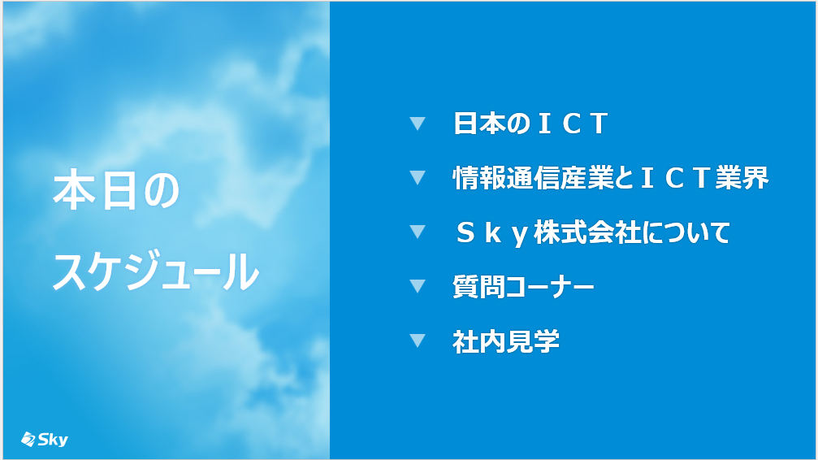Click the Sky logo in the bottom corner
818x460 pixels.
click(x=45, y=440)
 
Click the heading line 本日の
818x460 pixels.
click(x=116, y=192)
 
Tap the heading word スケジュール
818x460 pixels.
click(x=156, y=271)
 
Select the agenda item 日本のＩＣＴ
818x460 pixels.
click(x=530, y=124)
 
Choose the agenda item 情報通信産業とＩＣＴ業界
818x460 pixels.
click(x=611, y=178)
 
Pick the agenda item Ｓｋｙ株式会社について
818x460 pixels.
click(x=593, y=233)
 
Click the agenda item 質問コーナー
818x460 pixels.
click(x=523, y=287)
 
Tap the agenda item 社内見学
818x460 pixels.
click(x=506, y=341)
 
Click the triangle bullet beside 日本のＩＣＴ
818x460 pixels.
click(x=418, y=124)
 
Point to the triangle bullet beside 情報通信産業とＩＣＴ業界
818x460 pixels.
click(x=418, y=177)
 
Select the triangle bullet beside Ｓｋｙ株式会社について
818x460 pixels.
click(x=418, y=232)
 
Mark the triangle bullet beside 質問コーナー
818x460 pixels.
click(x=418, y=286)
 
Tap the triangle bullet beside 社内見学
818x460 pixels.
click(x=418, y=341)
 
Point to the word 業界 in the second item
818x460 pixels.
click(x=742, y=178)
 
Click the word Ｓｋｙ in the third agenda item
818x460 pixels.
click(x=493, y=233)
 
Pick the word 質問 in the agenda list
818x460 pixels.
click(x=479, y=287)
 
